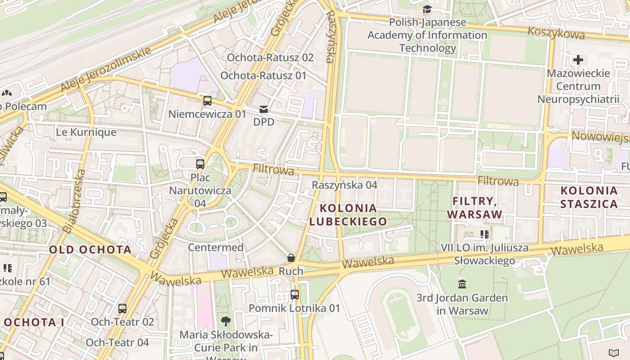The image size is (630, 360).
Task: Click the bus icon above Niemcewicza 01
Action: [x=207, y=101]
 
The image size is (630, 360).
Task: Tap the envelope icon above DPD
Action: [x=263, y=109]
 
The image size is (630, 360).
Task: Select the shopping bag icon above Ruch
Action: [x=291, y=258]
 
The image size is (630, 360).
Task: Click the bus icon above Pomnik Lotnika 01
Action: [x=294, y=295]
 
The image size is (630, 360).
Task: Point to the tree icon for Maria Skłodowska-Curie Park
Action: [x=226, y=321]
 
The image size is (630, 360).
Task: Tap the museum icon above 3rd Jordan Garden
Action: [x=462, y=284]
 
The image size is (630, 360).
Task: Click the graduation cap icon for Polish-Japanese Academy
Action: [x=427, y=9]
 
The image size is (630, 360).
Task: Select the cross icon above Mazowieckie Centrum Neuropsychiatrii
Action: [x=578, y=59]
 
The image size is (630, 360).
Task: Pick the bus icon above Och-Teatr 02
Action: [x=122, y=308]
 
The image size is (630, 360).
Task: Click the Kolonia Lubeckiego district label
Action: [x=348, y=215]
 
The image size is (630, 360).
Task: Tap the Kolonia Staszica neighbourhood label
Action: [x=589, y=197]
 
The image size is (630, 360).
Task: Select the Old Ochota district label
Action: [x=90, y=250]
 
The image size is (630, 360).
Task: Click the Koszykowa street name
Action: [x=556, y=32]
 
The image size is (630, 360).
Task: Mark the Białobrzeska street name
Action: [x=74, y=201]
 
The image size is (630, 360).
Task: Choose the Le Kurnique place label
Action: [x=86, y=132]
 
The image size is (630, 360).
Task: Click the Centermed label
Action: [x=216, y=247]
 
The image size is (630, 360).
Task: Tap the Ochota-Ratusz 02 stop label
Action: [x=270, y=58]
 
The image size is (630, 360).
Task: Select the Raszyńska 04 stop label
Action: [x=345, y=185]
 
